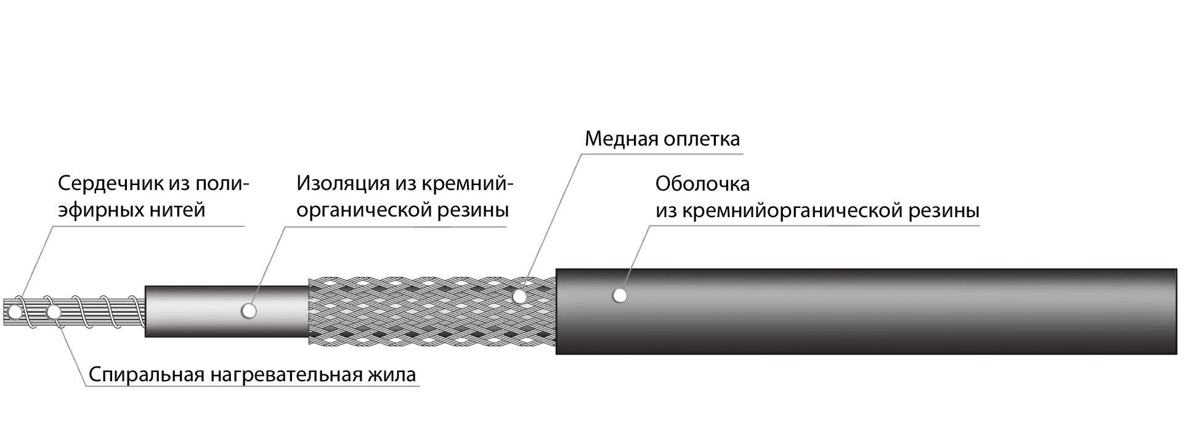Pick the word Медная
click(x=620, y=139)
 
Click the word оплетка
click(x=702, y=139)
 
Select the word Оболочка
click(x=702, y=184)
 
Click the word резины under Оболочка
click(x=944, y=211)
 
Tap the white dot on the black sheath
click(x=620, y=296)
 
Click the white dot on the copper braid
click(x=519, y=297)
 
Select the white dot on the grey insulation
click(x=248, y=311)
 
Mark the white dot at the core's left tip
click(x=14, y=311)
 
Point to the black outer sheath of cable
click(x=862, y=312)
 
